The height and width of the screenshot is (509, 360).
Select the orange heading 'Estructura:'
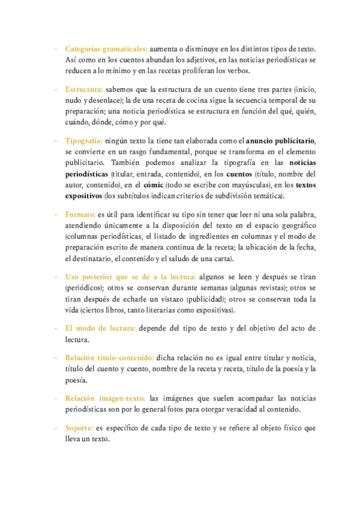[x=84, y=89]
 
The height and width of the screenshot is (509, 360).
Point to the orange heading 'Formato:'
[x=80, y=214]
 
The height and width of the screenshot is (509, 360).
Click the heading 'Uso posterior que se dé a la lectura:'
[x=130, y=276]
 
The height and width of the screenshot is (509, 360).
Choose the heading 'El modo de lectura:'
[x=101, y=328]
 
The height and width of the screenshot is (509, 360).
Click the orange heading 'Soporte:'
[x=79, y=428]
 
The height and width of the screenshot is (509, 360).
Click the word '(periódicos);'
[x=88, y=288]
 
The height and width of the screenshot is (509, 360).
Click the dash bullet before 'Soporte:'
[x=56, y=428]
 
